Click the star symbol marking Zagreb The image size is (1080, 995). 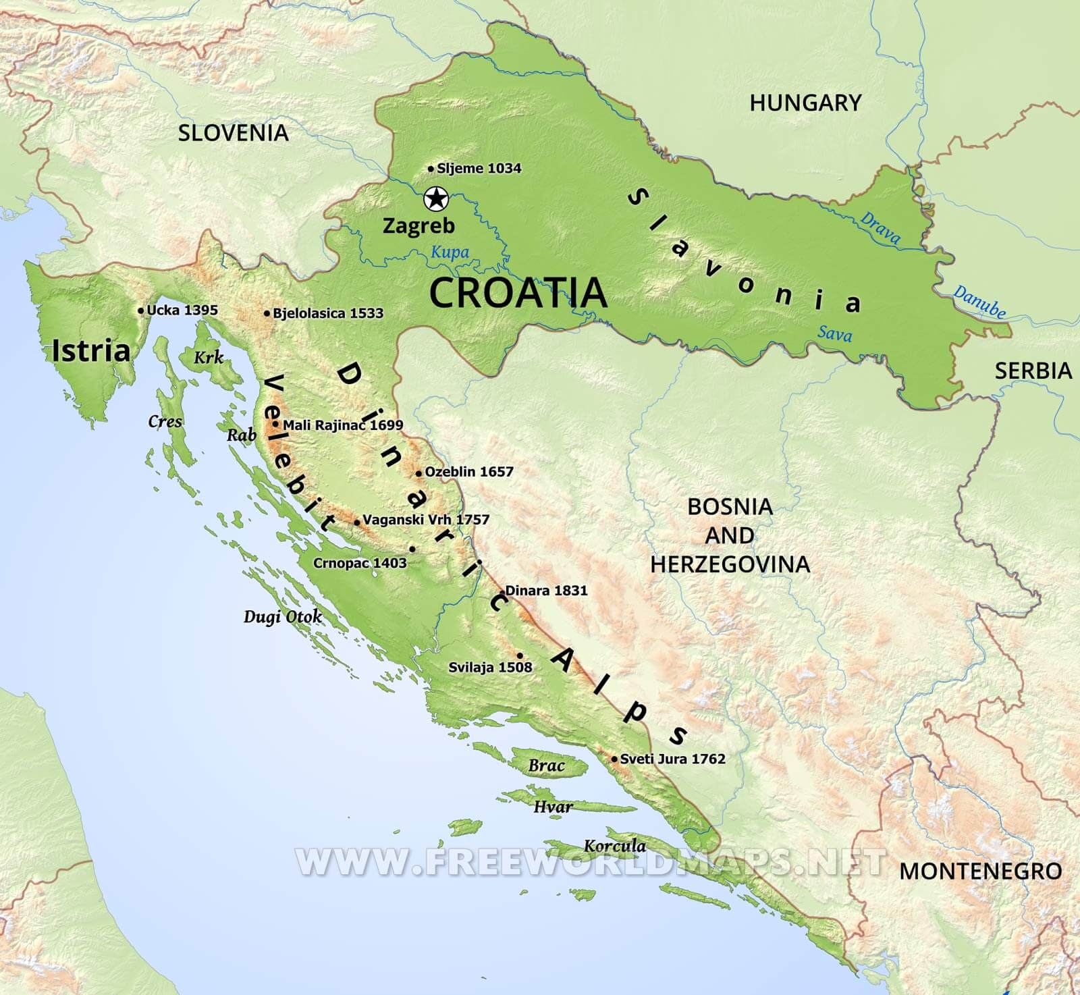click(x=436, y=199)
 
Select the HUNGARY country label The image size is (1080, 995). click(x=805, y=103)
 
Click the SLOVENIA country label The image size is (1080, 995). click(x=233, y=132)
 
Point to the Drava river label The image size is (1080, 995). click(x=880, y=227)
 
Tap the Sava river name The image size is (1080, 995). click(x=834, y=333)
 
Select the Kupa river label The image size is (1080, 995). click(x=450, y=252)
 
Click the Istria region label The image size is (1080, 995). click(x=91, y=351)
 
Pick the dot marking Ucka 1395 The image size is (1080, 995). click(x=140, y=311)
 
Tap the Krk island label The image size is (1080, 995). click(x=209, y=357)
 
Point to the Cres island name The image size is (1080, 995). click(x=165, y=422)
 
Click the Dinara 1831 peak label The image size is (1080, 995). click(x=546, y=591)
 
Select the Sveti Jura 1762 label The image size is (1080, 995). click(x=672, y=759)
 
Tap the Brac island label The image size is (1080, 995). click(x=546, y=765)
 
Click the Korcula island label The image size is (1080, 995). click(x=614, y=846)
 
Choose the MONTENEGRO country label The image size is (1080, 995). click(x=980, y=871)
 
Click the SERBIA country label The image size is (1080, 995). click(x=1033, y=370)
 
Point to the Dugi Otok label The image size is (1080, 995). click(x=282, y=616)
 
